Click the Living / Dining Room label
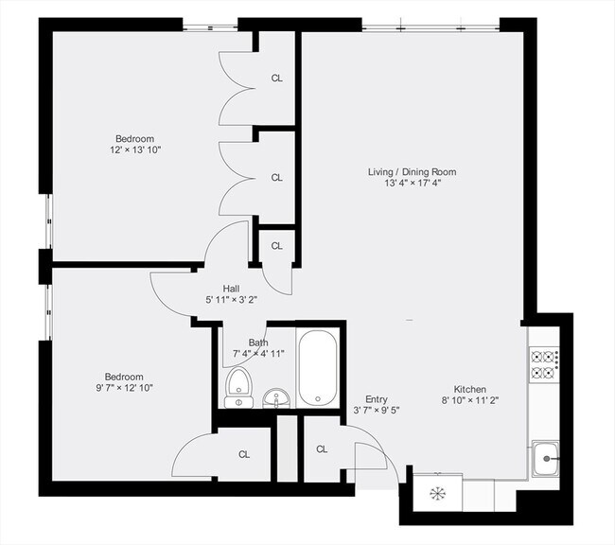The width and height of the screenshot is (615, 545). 412,171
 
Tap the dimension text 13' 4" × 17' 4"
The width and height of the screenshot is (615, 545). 412,183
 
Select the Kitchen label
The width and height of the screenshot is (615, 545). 469,389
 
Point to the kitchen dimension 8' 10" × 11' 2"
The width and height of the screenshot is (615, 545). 469,400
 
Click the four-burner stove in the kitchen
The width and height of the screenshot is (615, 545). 545,364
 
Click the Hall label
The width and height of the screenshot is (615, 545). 232,288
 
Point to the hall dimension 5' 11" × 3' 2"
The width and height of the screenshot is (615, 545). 232,299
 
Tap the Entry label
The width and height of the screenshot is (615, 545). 377,399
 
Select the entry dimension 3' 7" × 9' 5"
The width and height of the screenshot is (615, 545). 377,411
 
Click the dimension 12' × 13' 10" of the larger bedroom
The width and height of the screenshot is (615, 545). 136,149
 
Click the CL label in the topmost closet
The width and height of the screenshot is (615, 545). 277,79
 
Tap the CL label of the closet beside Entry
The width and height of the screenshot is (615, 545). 322,449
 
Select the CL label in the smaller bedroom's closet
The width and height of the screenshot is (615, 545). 244,455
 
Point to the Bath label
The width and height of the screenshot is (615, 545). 258,343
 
